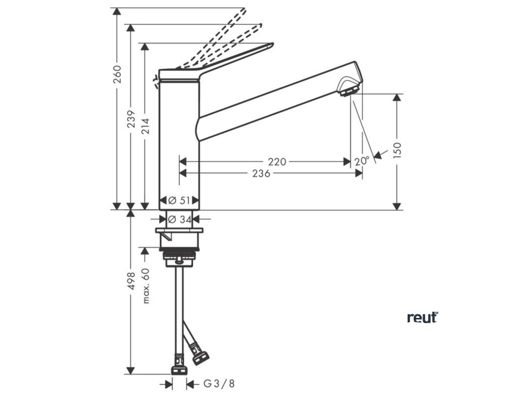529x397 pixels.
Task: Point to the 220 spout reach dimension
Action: pos(277,162)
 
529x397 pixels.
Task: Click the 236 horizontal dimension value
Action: pos(261,174)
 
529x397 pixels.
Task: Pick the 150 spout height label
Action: pos(397,151)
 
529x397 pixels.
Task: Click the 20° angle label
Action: pos(362,161)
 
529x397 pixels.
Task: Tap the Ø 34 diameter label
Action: pos(180,219)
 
